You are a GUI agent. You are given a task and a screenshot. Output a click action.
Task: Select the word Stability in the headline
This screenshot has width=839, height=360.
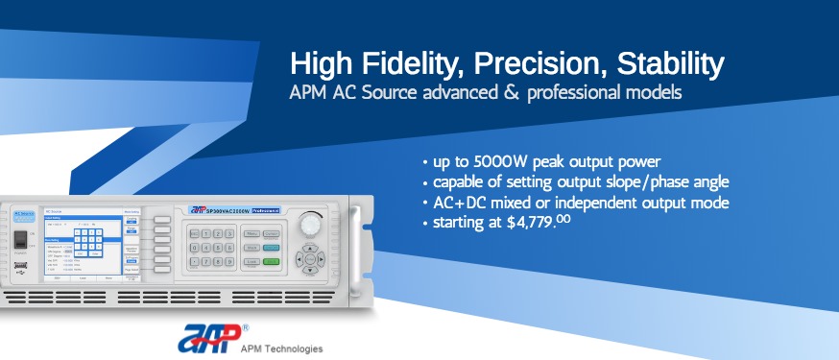[669, 65]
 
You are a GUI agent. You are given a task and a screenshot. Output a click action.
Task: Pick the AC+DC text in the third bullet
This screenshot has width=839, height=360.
[457, 203]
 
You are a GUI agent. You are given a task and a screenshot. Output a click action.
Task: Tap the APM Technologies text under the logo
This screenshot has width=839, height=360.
[281, 348]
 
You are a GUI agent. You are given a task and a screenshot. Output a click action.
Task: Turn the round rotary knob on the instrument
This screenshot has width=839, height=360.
[310, 223]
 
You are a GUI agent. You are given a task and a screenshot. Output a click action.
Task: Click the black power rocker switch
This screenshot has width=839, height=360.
[21, 240]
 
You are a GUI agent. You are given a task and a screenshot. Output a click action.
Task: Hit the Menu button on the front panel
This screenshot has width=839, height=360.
[252, 233]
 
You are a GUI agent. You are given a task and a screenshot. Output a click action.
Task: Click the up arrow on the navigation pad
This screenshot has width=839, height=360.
[311, 246]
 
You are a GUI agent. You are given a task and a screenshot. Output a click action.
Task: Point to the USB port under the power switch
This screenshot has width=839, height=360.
[21, 268]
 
